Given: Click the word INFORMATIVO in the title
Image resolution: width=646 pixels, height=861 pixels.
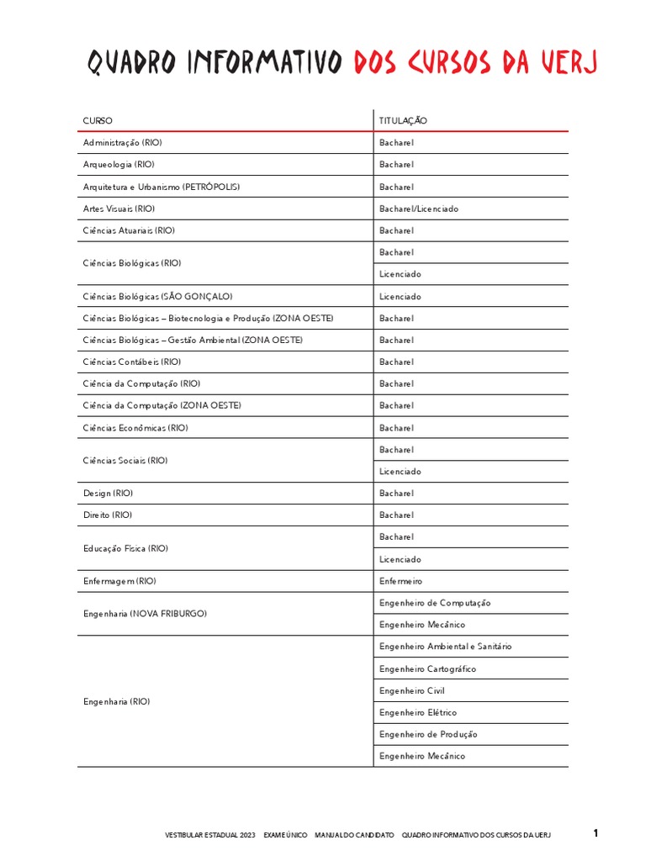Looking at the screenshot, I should pyautogui.click(x=265, y=63).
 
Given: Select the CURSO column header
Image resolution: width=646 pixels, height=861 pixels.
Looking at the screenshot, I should pyautogui.click(x=98, y=121).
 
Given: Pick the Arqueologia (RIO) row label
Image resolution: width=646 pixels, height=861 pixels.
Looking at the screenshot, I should pyautogui.click(x=119, y=165).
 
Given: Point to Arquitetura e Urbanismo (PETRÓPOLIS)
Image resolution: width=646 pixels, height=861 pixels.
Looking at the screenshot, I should pyautogui.click(x=156, y=187).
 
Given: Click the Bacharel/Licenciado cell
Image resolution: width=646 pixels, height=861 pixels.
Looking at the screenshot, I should pyautogui.click(x=419, y=209).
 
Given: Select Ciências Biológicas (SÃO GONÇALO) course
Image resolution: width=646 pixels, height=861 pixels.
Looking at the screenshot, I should pyautogui.click(x=157, y=297).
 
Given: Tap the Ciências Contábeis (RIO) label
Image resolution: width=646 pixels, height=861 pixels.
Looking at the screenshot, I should pyautogui.click(x=132, y=362).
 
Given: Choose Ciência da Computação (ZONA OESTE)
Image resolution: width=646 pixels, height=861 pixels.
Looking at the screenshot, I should pyautogui.click(x=162, y=406).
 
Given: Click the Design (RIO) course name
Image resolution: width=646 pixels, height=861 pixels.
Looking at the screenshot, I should pyautogui.click(x=108, y=494).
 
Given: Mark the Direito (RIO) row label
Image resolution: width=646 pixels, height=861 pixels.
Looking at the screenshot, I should pyautogui.click(x=108, y=515).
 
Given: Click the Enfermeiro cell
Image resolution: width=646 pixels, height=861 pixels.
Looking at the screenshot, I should pyautogui.click(x=401, y=582).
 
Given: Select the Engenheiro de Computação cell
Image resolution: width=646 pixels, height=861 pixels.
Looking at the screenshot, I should pyautogui.click(x=435, y=604).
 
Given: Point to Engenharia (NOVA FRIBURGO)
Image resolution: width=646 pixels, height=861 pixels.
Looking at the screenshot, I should pyautogui.click(x=145, y=615).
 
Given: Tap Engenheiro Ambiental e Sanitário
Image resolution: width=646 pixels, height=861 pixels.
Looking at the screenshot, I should pyautogui.click(x=445, y=647).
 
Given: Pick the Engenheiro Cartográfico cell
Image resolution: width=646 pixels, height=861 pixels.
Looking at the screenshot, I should pyautogui.click(x=427, y=669).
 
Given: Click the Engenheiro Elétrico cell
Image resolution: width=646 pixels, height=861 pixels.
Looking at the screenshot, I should pyautogui.click(x=418, y=713).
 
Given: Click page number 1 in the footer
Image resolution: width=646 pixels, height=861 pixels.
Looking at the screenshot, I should pyautogui.click(x=596, y=834).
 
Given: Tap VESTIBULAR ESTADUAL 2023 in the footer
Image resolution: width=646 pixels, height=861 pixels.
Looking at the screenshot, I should pyautogui.click(x=209, y=835).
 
